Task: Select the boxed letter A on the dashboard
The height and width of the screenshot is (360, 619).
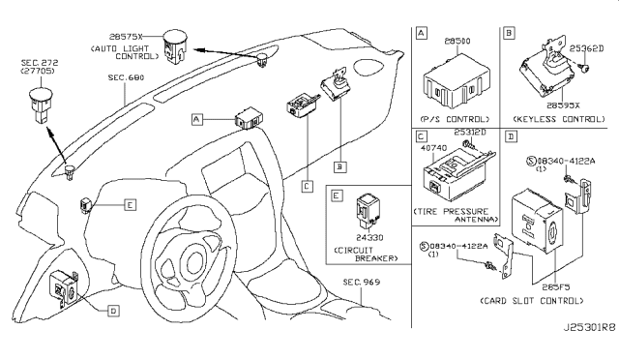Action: pos(197,119)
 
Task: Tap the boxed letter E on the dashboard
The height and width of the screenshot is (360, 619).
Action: pos(130,204)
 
